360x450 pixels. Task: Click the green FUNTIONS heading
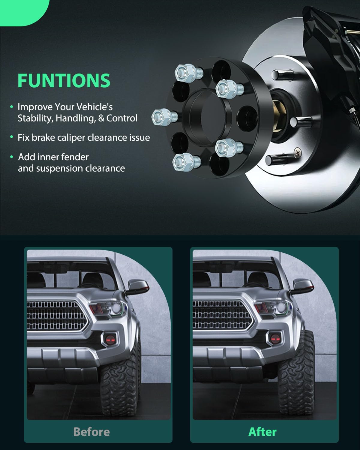click(64, 80)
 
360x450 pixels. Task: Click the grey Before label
click(91, 432)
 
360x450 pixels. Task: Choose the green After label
click(262, 432)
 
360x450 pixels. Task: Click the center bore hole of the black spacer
click(207, 114)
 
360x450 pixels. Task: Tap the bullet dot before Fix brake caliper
click(12, 137)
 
